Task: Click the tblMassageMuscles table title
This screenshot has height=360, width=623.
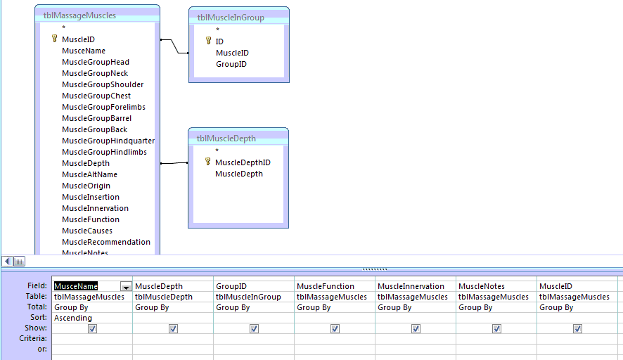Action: pos(79,15)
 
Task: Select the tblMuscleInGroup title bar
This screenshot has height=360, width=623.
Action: pos(239,18)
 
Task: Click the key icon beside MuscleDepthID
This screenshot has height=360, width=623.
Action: pos(208,162)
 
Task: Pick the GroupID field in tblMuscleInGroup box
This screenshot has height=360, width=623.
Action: pos(231,64)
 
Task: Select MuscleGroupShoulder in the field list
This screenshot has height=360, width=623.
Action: pos(103,84)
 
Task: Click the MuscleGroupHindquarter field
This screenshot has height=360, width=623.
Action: pos(108,141)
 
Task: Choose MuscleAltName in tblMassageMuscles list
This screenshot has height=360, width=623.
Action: pos(89,174)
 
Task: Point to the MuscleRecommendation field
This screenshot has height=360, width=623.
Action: pos(106,242)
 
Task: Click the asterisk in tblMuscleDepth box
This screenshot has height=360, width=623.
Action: pos(217,150)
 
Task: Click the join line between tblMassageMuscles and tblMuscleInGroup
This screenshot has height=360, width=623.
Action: pos(174,46)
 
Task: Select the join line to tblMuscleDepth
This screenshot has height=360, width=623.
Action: pos(174,163)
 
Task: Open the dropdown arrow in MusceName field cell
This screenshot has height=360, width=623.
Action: pos(126,286)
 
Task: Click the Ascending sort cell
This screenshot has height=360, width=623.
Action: pos(73,318)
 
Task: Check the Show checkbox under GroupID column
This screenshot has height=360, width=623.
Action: pos(254,328)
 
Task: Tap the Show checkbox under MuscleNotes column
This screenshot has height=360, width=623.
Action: pos(496,328)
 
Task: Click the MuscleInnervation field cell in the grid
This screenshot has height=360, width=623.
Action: pos(411,286)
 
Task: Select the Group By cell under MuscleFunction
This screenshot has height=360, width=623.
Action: pos(314,307)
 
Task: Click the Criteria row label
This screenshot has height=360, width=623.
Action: pos(33,338)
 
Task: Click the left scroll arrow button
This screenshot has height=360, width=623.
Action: pos(8,261)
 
